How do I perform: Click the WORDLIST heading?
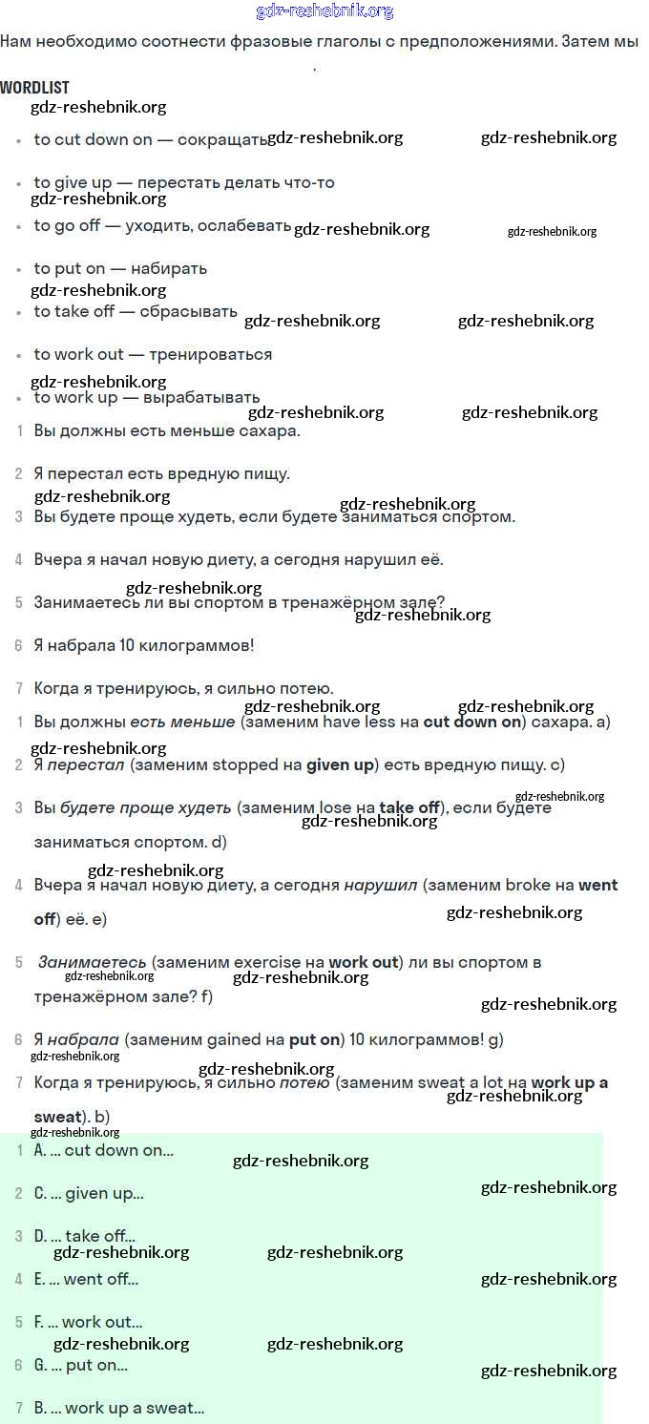point(34,88)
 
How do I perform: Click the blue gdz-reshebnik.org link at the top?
point(324,11)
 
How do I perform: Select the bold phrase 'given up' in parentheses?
point(340,764)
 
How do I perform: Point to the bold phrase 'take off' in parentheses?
point(409,807)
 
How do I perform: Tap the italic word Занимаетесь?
point(92,962)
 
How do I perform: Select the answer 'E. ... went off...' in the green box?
point(86,1279)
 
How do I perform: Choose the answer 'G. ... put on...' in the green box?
point(81,1365)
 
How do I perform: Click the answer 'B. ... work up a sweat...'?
point(119,1408)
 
